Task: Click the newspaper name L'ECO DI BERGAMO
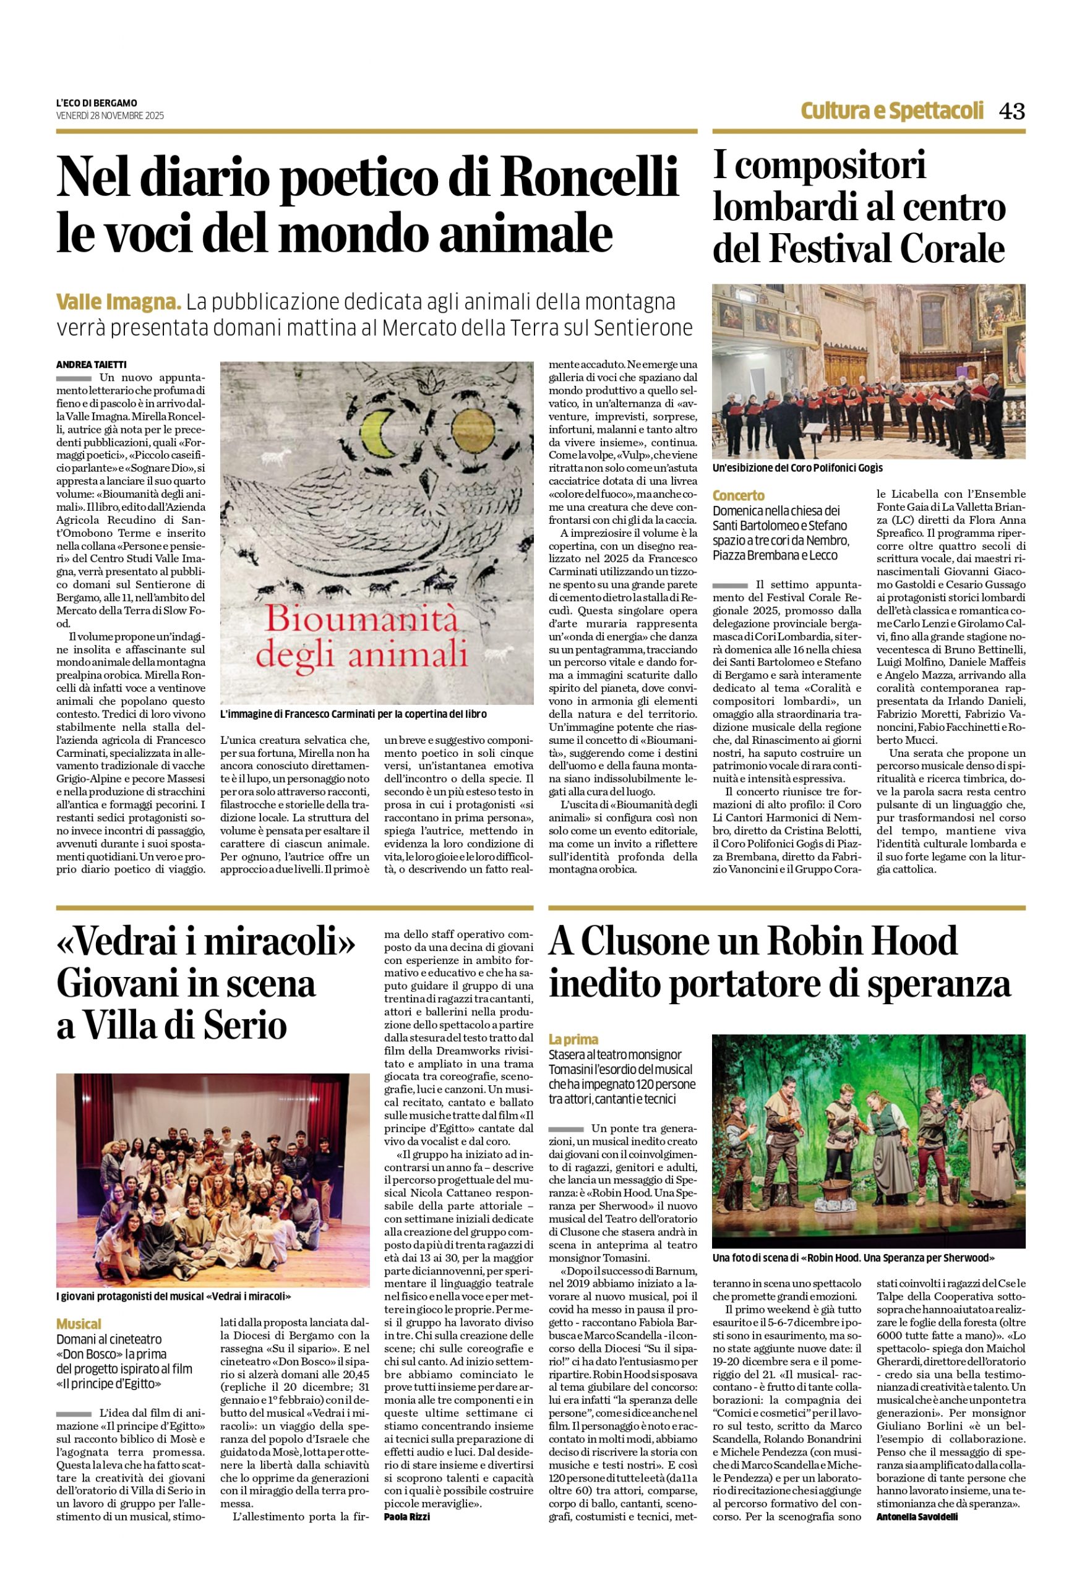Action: (97, 103)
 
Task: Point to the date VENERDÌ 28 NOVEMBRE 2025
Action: (109, 116)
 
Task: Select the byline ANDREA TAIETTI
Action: (92, 364)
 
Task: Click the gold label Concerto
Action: (739, 495)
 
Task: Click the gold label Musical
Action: (79, 1323)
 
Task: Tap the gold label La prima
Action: (573, 1039)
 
